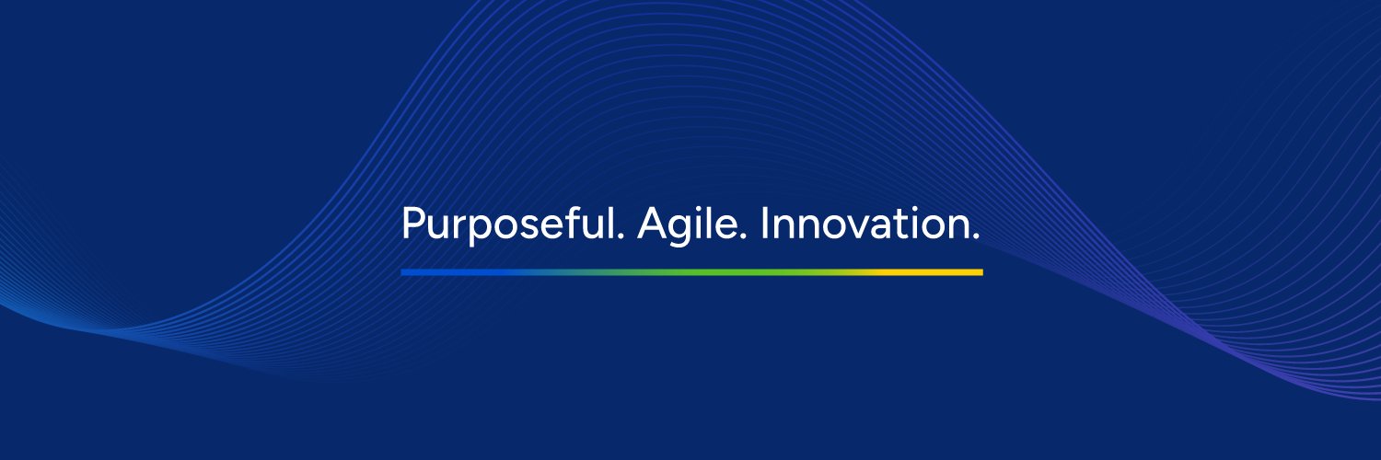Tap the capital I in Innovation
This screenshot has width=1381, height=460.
click(764, 224)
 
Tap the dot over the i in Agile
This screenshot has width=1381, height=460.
click(700, 210)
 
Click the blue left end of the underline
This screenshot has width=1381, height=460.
click(403, 272)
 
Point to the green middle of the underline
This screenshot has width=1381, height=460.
click(691, 272)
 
